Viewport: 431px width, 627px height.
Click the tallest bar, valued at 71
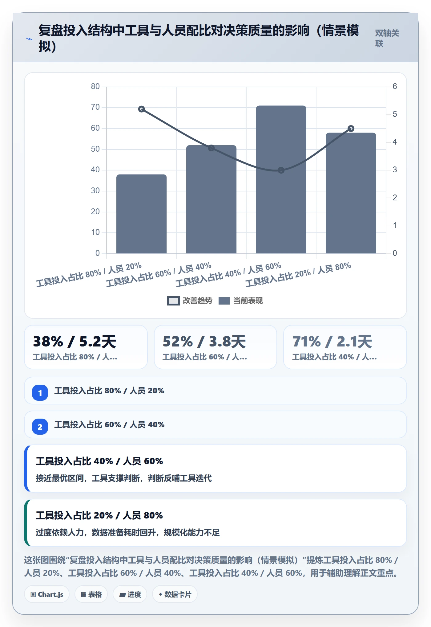[x=281, y=179]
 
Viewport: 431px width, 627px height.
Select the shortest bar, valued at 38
[x=141, y=214]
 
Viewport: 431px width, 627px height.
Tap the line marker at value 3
[x=281, y=170]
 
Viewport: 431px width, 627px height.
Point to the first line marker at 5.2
[x=141, y=109]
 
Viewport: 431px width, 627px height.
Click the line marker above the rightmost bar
[x=351, y=129]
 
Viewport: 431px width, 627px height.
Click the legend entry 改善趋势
[x=190, y=301]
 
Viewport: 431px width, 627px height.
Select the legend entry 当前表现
[x=240, y=301]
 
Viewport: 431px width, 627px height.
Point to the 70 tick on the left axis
[x=95, y=107]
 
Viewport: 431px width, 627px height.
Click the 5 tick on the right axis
[x=395, y=114]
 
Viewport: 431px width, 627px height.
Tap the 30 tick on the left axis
[x=95, y=191]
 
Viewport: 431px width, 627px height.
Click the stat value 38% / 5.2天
[x=75, y=342]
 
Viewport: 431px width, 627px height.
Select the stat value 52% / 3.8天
[x=204, y=342]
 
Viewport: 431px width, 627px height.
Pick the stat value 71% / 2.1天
[x=332, y=342]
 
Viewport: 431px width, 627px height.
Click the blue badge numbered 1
[x=40, y=393]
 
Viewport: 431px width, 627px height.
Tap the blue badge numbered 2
[x=40, y=427]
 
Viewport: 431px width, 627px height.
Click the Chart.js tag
[x=47, y=594]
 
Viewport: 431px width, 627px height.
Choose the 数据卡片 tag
[x=175, y=594]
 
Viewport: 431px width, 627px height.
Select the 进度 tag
[x=130, y=594]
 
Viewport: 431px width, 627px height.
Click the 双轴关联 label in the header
[x=387, y=38]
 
